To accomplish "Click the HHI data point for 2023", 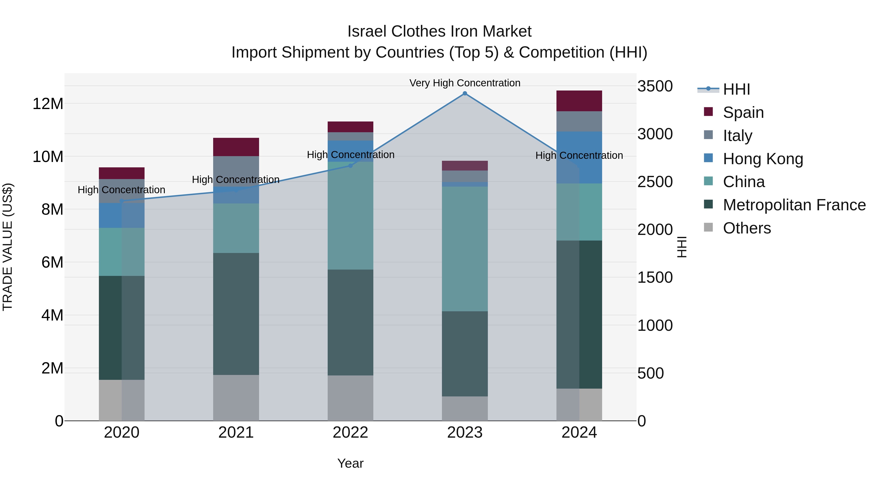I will point(465,93).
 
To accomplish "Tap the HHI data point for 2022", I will point(350,166).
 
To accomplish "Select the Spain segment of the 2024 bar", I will point(579,101).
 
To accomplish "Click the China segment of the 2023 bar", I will point(465,249).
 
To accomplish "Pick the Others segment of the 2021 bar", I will point(236,398).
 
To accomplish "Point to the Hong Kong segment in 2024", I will point(579,158).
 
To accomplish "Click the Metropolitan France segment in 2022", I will point(350,323).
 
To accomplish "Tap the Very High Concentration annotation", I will point(465,83).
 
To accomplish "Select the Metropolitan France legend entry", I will point(794,205).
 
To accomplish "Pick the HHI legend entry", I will point(736,89).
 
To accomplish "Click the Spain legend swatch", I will point(708,112).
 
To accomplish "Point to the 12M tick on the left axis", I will point(48,104).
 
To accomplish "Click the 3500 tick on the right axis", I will point(655,86).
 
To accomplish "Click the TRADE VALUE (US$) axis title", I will point(8,247).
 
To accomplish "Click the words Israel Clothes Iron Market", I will point(439,31).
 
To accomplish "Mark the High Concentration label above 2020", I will point(122,190).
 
